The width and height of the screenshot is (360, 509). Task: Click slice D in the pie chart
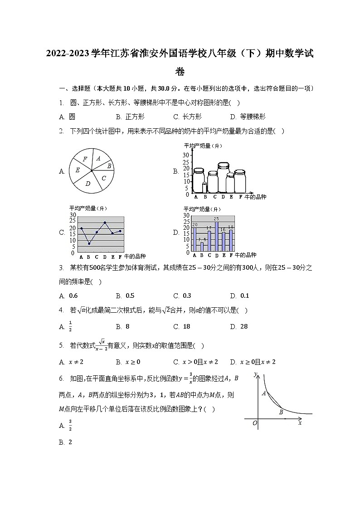(x=88, y=183)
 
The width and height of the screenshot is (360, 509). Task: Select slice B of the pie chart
(x=109, y=166)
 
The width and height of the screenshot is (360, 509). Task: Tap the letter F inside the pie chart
(x=85, y=159)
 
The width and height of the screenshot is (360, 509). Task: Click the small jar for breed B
(x=204, y=187)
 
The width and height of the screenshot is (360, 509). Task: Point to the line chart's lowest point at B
(x=89, y=243)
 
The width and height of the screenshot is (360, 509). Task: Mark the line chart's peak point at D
(x=105, y=223)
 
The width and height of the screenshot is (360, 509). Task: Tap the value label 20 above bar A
(x=195, y=225)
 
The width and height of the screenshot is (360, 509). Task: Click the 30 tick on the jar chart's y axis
(x=186, y=155)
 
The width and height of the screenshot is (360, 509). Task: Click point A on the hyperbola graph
(x=263, y=393)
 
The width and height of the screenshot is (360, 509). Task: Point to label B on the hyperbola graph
(x=281, y=412)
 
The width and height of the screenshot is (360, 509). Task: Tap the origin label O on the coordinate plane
(x=255, y=423)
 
